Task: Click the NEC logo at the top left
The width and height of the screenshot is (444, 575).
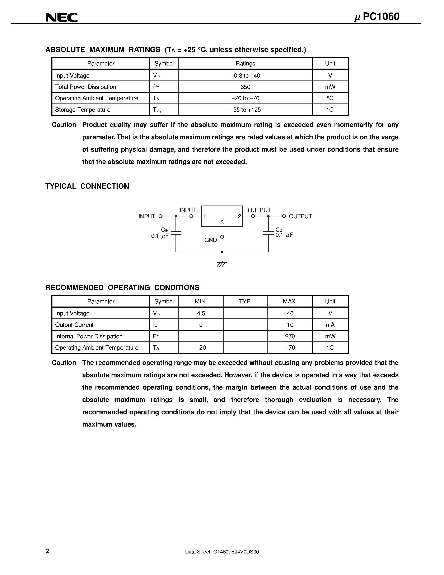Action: (x=62, y=17)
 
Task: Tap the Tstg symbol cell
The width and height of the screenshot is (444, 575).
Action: (x=157, y=110)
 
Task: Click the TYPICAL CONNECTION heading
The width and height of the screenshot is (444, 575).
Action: (x=87, y=186)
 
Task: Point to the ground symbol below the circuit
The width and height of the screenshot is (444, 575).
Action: (x=222, y=264)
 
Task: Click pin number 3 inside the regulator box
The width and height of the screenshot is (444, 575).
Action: (x=222, y=223)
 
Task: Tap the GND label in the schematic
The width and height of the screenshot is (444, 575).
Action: (x=211, y=240)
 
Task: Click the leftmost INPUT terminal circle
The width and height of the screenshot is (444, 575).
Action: (x=160, y=216)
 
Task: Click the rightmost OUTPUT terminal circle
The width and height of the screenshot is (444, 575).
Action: (x=284, y=216)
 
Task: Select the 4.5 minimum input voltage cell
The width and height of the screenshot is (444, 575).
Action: (x=201, y=313)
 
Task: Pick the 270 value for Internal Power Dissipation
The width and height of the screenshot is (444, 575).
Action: (x=290, y=336)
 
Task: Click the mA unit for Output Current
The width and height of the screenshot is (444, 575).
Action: (x=330, y=325)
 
